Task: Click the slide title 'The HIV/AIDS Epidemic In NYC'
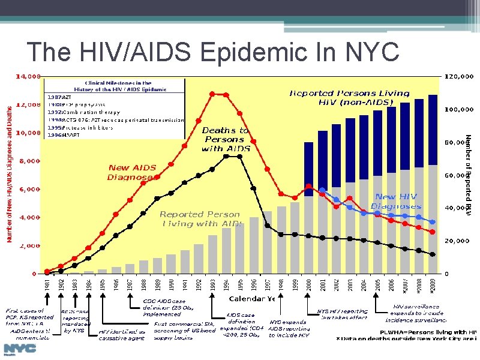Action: (x=213, y=52)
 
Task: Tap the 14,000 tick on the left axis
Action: (x=28, y=77)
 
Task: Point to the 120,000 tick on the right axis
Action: (x=461, y=77)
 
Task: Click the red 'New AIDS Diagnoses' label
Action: (x=132, y=172)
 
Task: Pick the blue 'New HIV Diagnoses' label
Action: (x=395, y=201)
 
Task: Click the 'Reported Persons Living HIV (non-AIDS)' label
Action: (x=349, y=98)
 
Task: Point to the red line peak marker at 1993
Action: (x=212, y=94)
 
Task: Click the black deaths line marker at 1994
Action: (x=226, y=156)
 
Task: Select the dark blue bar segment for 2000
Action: (x=308, y=169)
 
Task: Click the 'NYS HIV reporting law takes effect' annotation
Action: (x=342, y=314)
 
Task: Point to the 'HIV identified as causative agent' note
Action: (x=122, y=335)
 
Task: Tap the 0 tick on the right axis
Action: (x=447, y=274)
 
